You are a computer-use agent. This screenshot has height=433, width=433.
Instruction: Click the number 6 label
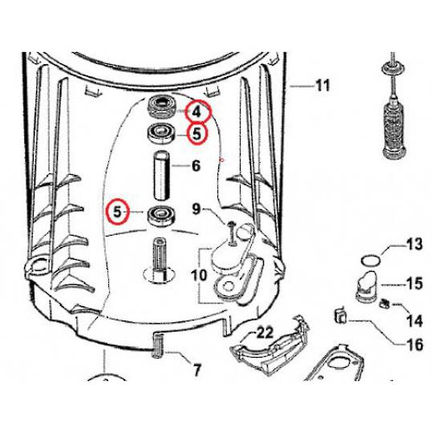tap(195, 167)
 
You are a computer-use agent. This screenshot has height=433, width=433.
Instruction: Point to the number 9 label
tap(195, 210)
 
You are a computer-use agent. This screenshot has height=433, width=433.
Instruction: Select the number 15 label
tap(413, 284)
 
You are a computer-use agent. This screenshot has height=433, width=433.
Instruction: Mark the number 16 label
tap(413, 346)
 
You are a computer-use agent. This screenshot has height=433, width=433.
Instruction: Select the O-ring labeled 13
tap(368, 259)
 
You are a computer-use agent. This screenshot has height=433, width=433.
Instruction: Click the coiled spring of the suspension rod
tap(392, 119)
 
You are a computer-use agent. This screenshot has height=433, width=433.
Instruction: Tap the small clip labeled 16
tap(338, 315)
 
